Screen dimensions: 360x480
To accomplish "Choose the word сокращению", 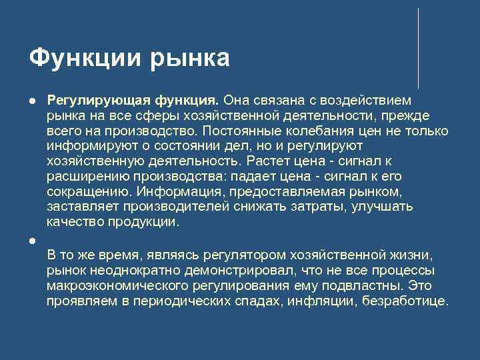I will coord(83,191).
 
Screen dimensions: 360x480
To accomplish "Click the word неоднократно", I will coord(127,271).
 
